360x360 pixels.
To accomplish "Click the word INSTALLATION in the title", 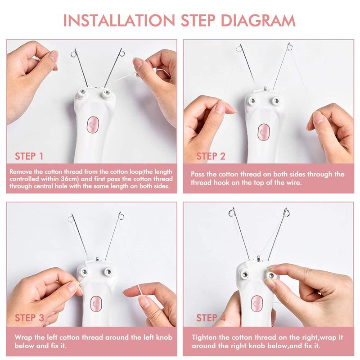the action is coord(119,20).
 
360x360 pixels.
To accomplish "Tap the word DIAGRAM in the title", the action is coord(258,20).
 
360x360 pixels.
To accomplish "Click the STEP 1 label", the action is coord(29,156).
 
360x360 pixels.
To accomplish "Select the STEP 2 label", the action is coord(211,156).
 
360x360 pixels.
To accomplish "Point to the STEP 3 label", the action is coord(29,318).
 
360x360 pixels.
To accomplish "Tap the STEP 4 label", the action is coord(211,318).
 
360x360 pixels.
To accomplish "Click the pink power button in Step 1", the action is coord(93,125).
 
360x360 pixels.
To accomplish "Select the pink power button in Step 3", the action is coord(96,303).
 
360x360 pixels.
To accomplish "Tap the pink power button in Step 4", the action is coord(257,303).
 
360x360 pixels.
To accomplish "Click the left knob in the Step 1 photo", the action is coord(81,94).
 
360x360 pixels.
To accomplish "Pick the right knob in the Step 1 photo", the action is coord(107,94).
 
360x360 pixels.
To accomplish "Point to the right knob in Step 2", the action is coord(276,101).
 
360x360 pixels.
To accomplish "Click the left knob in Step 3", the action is coord(84,272).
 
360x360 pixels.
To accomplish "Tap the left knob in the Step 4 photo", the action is coord(245,274).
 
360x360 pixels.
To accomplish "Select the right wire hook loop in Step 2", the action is coord(289,47).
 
